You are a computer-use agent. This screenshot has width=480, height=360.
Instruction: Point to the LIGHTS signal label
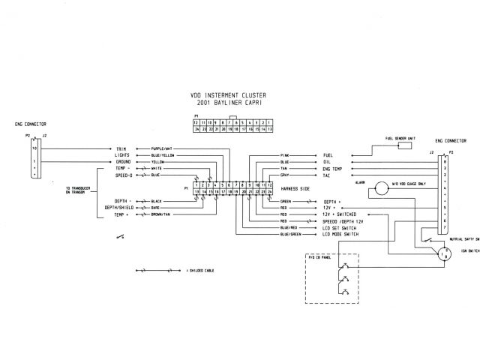123,155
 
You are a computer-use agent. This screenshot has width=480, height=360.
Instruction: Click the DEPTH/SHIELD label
120,208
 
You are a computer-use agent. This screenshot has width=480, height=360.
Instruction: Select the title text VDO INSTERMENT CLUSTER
234,95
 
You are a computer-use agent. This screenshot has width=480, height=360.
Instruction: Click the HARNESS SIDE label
295,188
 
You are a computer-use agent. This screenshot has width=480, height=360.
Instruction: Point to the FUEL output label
328,154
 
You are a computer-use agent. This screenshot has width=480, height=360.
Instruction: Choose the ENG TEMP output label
333,169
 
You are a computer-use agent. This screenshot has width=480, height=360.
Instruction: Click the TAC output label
327,176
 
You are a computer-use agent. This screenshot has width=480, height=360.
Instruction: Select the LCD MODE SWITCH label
341,235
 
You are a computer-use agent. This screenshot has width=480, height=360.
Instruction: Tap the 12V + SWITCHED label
341,214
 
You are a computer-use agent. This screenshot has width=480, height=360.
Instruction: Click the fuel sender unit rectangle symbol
404,145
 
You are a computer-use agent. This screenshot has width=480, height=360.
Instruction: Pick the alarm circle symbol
380,190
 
